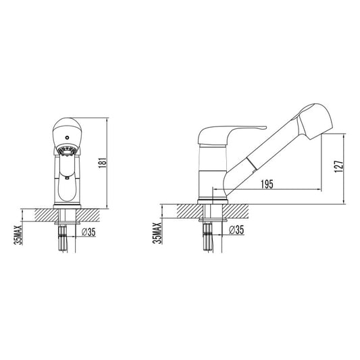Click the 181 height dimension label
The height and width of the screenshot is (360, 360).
pyautogui.click(x=103, y=163)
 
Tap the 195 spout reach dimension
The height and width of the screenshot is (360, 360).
pyautogui.click(x=267, y=184)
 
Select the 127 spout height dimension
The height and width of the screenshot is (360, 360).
pyautogui.click(x=339, y=166)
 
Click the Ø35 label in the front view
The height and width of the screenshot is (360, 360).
pyautogui.click(x=88, y=232)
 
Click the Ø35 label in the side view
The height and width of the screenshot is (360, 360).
pyautogui.click(x=236, y=230)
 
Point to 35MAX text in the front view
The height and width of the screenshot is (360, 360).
pyautogui.click(x=18, y=235)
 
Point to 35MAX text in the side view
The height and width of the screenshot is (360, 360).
pyautogui.click(x=158, y=233)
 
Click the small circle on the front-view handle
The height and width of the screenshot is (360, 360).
pyautogui.click(x=67, y=138)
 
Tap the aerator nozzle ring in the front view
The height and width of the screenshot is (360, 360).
pyautogui.click(x=67, y=151)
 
